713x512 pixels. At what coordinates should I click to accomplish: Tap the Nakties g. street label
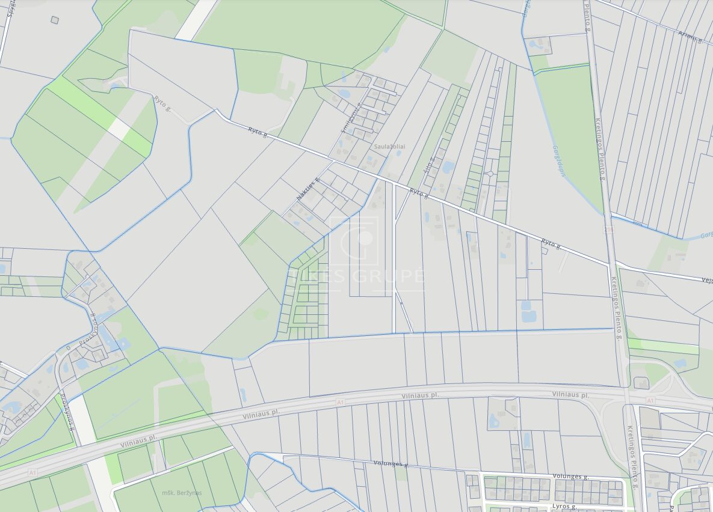[x=307, y=189]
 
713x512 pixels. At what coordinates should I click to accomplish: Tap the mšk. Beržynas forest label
[x=182, y=493]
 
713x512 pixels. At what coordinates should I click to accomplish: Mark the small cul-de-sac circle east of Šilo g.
[x=490, y=174]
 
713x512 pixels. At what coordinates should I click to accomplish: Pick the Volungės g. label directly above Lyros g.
[x=570, y=477]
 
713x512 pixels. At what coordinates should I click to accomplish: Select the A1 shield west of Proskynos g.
[x=32, y=474]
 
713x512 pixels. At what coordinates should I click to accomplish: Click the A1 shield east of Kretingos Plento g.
[x=650, y=400]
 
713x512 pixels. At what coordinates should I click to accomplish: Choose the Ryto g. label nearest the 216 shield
[x=551, y=244]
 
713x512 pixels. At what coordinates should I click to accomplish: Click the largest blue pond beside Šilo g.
[x=448, y=167]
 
